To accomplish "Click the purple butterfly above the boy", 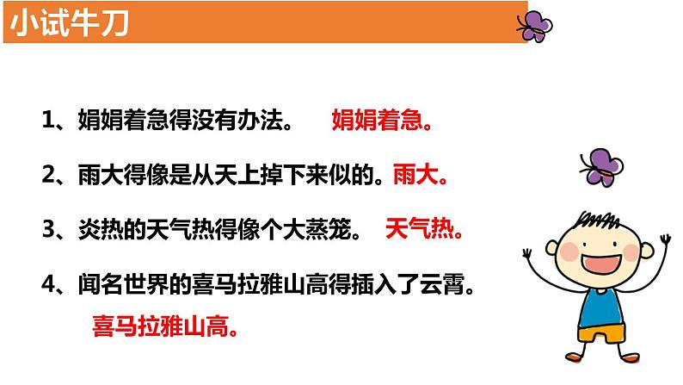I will click(x=600, y=167).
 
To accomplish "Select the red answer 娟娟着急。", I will click(x=381, y=121).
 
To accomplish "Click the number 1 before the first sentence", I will click(x=48, y=121).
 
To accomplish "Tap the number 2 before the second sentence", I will click(x=48, y=176).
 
